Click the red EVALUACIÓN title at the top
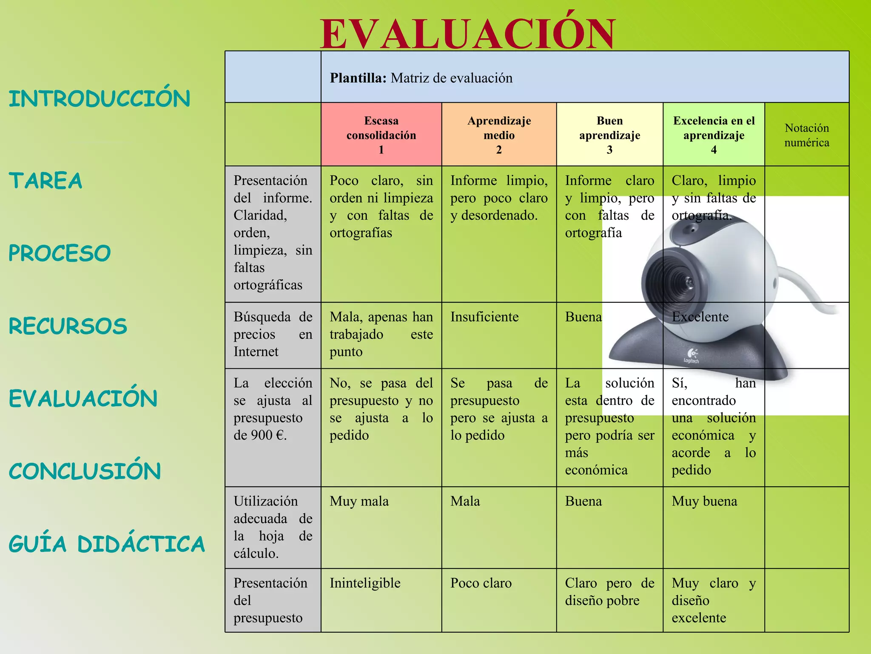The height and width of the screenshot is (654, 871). pos(468,34)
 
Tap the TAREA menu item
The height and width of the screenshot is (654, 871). pos(46,180)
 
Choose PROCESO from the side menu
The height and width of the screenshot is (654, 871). pos(60,253)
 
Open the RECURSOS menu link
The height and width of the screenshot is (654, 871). pos(68,326)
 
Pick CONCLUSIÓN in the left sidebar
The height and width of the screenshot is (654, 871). pos(85,471)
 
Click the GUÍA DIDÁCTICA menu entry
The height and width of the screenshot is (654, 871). pos(107,544)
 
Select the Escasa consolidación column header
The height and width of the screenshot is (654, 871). pos(381,135)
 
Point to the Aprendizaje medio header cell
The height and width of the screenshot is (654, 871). pos(499,135)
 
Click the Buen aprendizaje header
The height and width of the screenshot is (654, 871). pos(609,135)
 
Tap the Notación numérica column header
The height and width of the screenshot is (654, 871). pos(807,135)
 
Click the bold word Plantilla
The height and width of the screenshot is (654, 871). pos(358,78)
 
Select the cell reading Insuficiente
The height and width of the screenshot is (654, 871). pos(484,317)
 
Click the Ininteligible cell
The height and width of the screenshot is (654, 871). pos(365,583)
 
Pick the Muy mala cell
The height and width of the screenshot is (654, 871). pos(359,501)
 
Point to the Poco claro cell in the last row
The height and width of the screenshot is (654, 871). pos(481,583)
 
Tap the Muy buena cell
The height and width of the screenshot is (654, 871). pos(704,501)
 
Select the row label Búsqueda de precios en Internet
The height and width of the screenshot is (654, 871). pos(273,334)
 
